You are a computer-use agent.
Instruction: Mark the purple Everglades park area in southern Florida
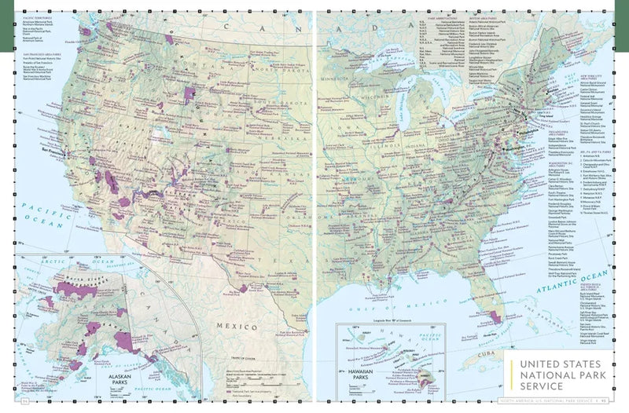(x=495, y=317)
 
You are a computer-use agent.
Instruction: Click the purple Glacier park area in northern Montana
(x=168, y=38)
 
